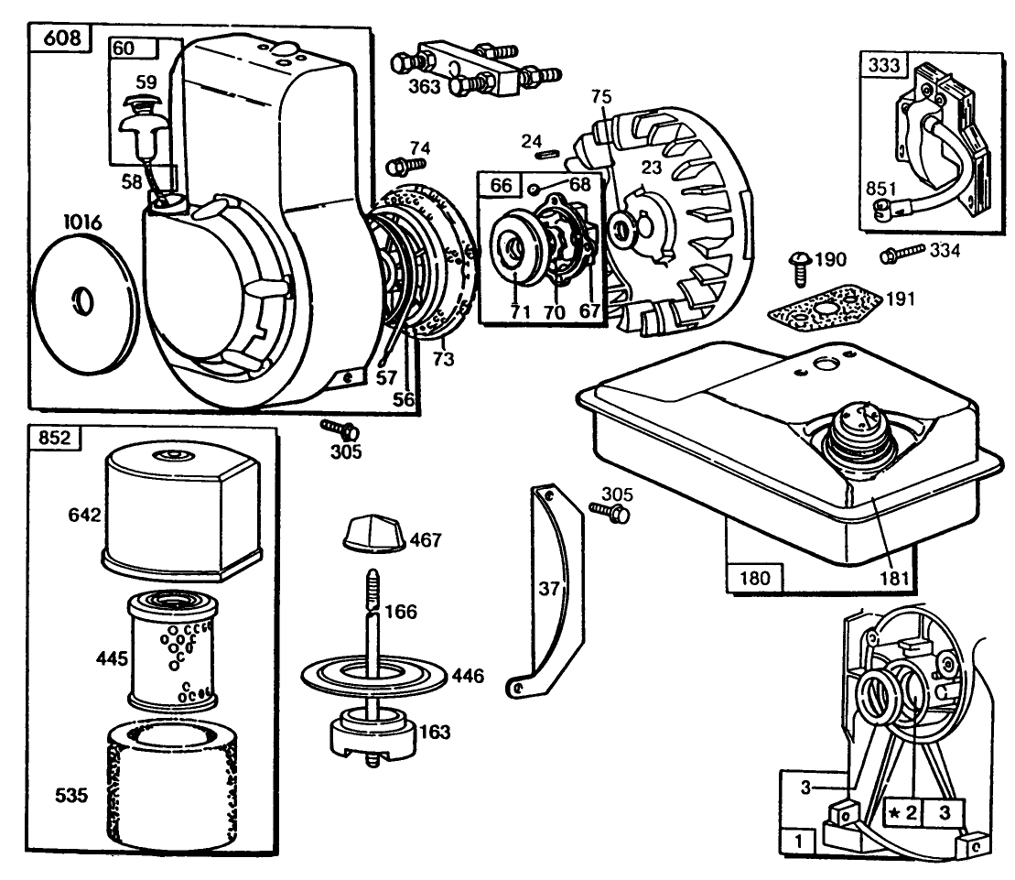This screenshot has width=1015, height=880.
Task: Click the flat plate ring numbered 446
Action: (375, 678)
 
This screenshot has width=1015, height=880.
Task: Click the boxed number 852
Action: (56, 437)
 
